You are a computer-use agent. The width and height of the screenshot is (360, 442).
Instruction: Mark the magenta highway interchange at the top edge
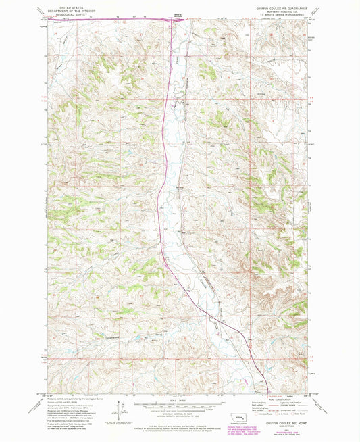[178, 19]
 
